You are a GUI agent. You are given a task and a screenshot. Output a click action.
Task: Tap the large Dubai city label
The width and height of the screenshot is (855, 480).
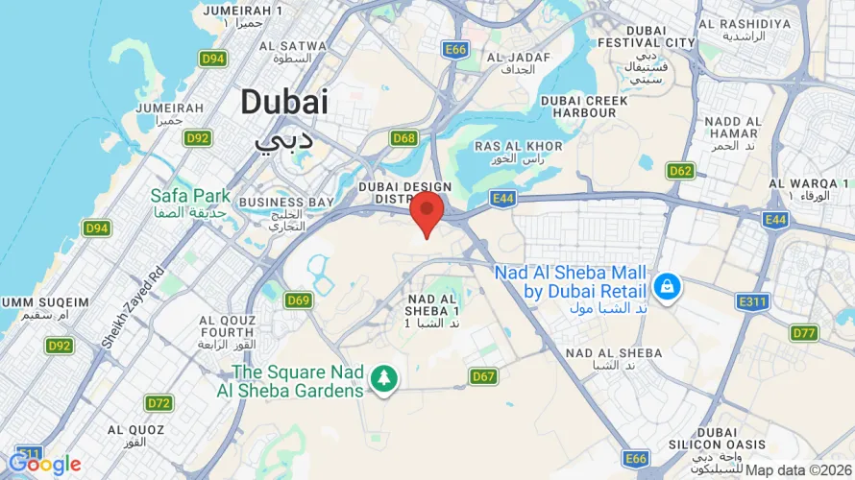[284, 102]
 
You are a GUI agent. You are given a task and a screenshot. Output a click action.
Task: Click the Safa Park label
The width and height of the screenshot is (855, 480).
[190, 196]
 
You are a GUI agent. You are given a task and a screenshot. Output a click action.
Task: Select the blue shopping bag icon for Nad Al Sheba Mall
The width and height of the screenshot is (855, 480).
[665, 285]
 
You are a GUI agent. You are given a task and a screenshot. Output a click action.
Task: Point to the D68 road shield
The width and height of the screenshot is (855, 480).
[404, 138]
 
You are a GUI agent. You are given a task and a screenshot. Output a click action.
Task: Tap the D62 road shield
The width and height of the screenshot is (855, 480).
[680, 171]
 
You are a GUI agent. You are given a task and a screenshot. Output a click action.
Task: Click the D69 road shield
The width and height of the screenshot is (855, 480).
[299, 300]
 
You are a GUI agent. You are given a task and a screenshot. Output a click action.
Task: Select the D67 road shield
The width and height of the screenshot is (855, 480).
[483, 376]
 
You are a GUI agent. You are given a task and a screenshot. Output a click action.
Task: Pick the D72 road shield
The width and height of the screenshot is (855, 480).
[159, 402]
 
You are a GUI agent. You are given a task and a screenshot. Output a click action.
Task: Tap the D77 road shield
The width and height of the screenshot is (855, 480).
[804, 333]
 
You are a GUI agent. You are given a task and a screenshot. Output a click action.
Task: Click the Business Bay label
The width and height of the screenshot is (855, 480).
[286, 203]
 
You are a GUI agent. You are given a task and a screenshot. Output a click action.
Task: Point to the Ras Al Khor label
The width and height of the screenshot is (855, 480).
[519, 146]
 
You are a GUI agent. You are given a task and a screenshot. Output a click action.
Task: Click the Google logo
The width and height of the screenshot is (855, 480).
[44, 465]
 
